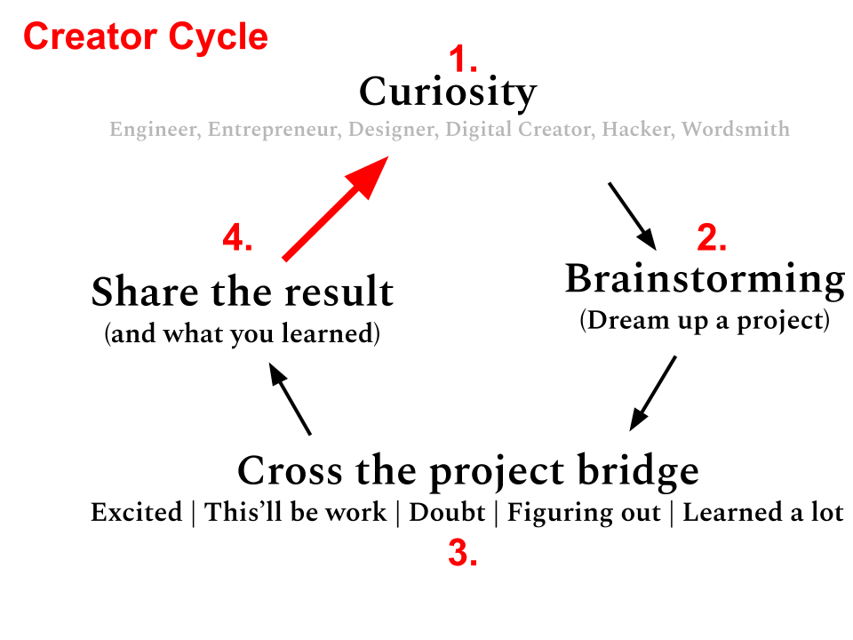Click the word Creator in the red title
pyautogui.click(x=88, y=37)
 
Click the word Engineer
pyautogui.click(x=152, y=130)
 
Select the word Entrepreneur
pyautogui.click(x=272, y=130)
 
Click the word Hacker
pyautogui.click(x=635, y=130)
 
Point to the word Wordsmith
pyautogui.click(x=736, y=130)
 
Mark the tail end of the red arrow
pyautogui.click(x=285, y=259)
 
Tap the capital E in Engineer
pyautogui.click(x=115, y=130)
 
